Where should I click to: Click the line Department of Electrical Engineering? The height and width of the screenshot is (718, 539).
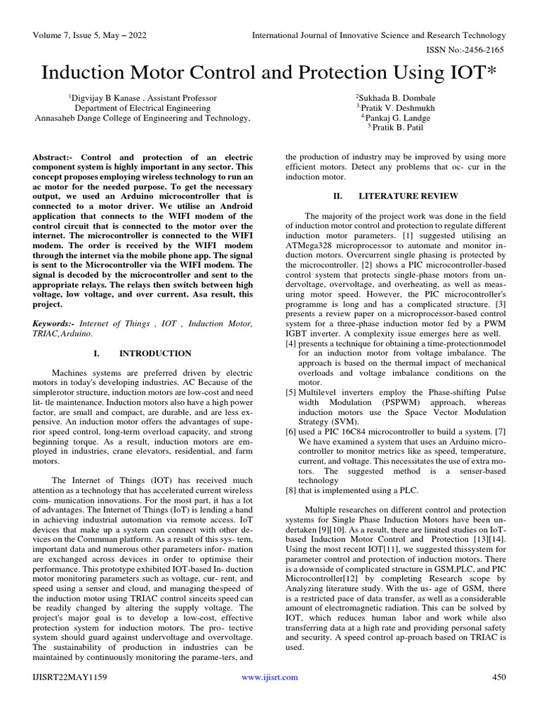coord(142,108)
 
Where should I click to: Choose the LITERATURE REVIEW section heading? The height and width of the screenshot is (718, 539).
coord(408,196)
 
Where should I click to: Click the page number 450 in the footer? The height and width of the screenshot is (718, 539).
coord(498,677)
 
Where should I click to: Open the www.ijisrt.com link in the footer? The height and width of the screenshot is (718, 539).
coord(269,677)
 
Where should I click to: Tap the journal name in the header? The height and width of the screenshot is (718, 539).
coord(378,35)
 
